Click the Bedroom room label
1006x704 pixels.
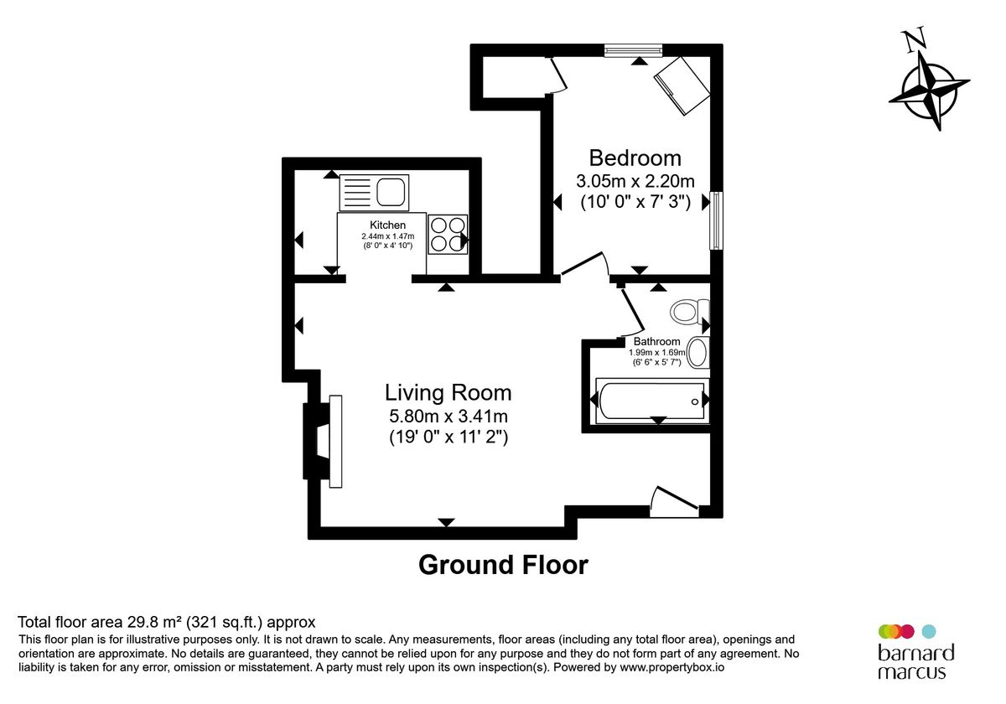click(x=635, y=158)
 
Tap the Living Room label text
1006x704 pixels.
click(x=448, y=392)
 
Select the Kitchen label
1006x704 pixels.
click(x=388, y=225)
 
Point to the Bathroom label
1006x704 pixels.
click(x=656, y=341)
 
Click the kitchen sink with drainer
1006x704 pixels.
click(x=374, y=193)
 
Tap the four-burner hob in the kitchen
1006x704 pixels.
click(x=448, y=234)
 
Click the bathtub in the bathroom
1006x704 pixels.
click(x=651, y=401)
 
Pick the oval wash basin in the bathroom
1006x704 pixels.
click(x=697, y=353)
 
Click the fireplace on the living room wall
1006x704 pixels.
click(x=324, y=441)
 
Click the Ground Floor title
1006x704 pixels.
click(x=503, y=565)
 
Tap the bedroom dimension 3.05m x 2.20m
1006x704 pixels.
click(x=635, y=181)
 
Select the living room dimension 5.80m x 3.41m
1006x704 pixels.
click(x=448, y=416)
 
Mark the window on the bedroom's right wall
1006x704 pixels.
click(x=715, y=220)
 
